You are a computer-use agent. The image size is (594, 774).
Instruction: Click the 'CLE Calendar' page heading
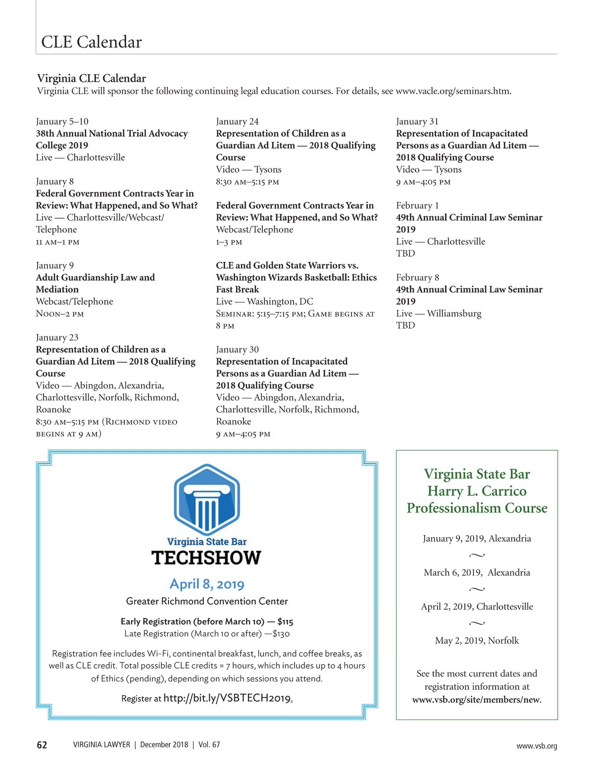92,42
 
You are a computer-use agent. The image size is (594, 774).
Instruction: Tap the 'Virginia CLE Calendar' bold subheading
92,78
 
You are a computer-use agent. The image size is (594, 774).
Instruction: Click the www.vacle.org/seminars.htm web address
453,91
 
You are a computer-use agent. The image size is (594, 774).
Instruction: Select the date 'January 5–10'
62,121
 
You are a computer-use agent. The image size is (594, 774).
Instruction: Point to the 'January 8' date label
54,181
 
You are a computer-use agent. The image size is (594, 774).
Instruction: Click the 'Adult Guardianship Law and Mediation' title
95,283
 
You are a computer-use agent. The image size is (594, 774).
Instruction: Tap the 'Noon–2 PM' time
60,314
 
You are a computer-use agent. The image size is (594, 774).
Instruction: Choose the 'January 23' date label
57,338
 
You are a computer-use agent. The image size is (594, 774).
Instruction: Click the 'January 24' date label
237,121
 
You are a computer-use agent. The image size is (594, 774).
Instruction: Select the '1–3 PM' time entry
229,242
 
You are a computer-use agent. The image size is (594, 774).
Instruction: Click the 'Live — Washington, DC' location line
264,301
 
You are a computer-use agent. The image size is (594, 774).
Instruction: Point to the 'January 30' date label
237,349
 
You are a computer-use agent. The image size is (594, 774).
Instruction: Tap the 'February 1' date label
417,205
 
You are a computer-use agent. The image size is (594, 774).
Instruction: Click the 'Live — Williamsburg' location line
439,313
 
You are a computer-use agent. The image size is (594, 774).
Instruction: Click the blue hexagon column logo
207,499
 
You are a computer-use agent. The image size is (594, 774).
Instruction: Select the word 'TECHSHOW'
206,558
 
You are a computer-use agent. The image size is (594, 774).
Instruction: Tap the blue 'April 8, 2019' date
207,584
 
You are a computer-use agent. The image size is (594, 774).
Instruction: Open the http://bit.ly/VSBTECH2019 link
227,698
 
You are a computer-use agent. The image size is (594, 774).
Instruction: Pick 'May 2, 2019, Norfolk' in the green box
477,640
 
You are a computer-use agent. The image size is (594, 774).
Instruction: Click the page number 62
42,745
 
